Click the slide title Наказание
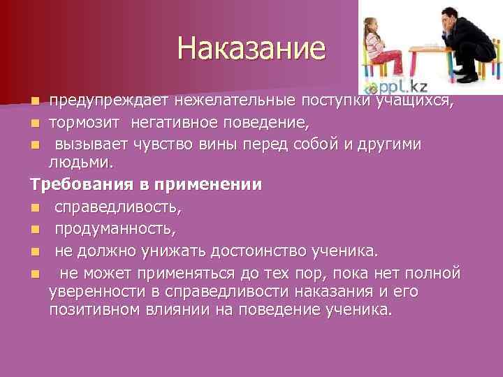(251, 48)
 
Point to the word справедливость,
(118, 207)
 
